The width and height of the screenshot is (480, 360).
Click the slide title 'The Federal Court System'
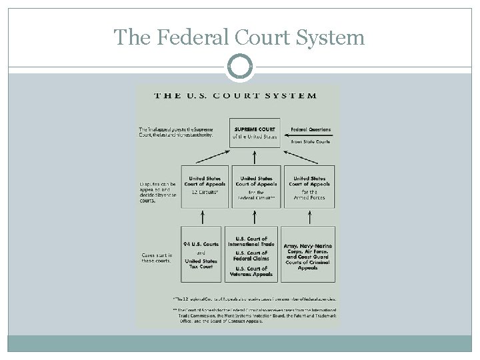(x=239, y=37)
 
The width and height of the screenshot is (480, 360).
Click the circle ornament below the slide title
(x=239, y=67)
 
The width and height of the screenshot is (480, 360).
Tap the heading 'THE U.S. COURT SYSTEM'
(x=236, y=95)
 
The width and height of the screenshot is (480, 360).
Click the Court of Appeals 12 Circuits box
(x=205, y=186)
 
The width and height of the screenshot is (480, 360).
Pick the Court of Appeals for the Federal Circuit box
(x=257, y=187)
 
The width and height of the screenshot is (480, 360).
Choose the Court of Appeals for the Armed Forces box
(x=309, y=187)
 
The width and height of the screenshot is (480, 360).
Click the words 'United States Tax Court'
(x=201, y=264)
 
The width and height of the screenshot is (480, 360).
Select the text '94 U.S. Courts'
(x=201, y=244)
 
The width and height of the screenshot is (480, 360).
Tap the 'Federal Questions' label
(x=310, y=129)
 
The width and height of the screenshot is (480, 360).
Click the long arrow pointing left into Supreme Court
(x=305, y=135)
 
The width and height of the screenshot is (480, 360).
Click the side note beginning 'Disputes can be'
(x=158, y=191)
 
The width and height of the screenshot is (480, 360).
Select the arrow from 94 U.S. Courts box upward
(x=202, y=217)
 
